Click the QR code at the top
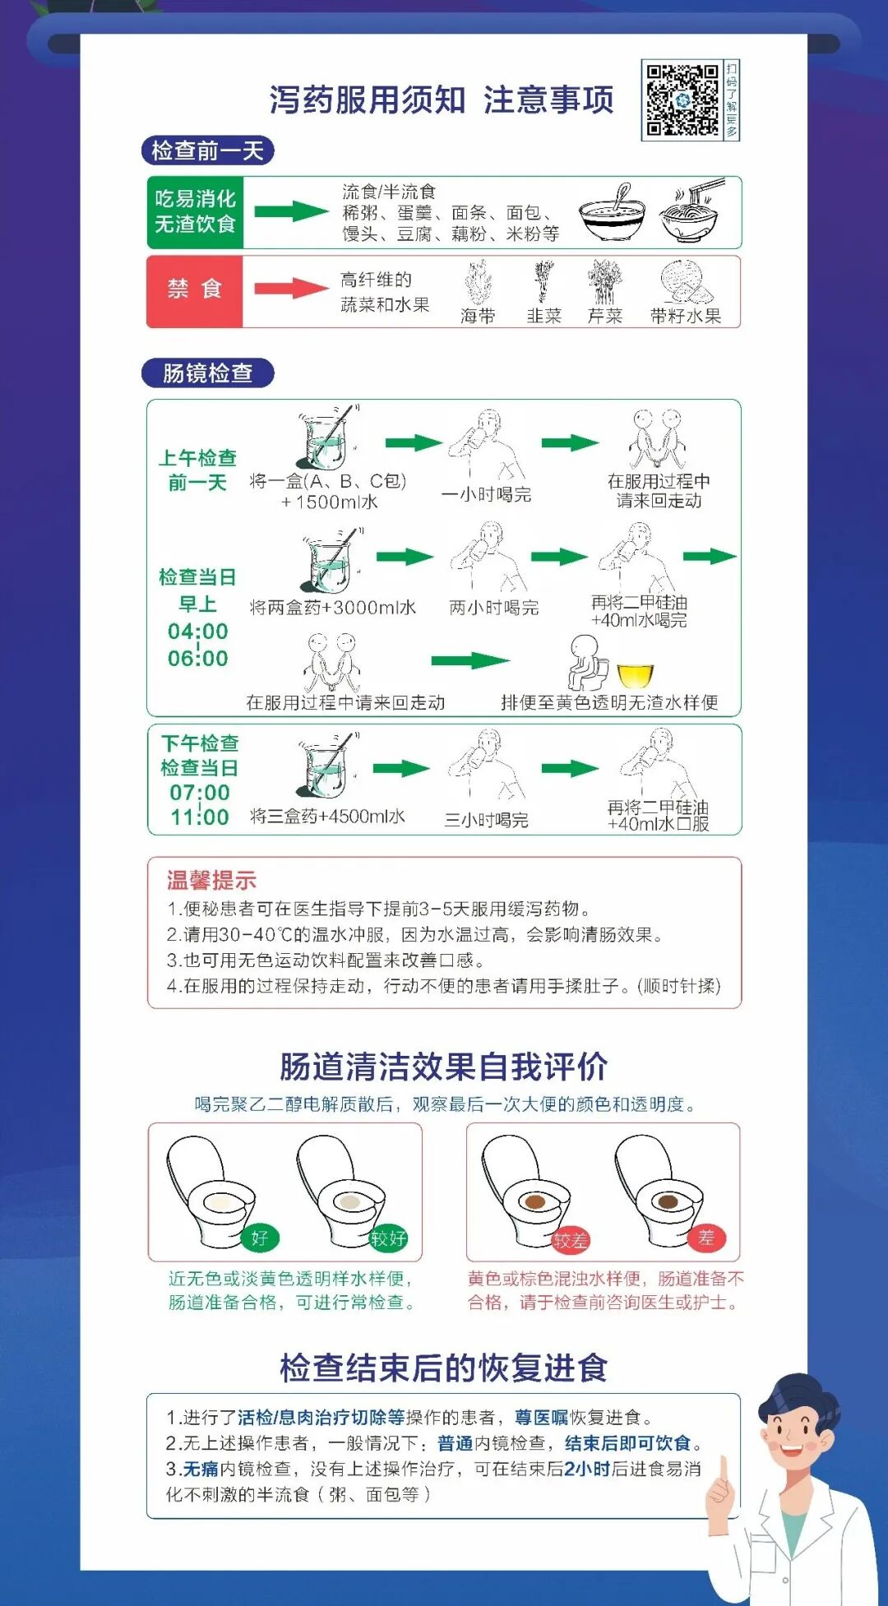tap(682, 100)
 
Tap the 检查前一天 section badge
tap(207, 150)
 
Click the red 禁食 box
tap(195, 291)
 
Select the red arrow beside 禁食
tap(291, 288)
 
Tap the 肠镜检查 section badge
tap(207, 373)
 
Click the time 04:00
tap(198, 632)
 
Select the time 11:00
tap(200, 817)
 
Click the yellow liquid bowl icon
tap(635, 675)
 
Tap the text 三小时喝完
tap(487, 820)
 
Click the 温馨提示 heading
tap(211, 881)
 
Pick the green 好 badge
tap(260, 1238)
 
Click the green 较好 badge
tap(388, 1238)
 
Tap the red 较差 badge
tap(570, 1239)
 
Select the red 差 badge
tap(706, 1238)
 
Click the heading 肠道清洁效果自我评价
tap(444, 1067)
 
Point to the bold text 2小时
tap(587, 1469)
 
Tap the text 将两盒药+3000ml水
tap(333, 608)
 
